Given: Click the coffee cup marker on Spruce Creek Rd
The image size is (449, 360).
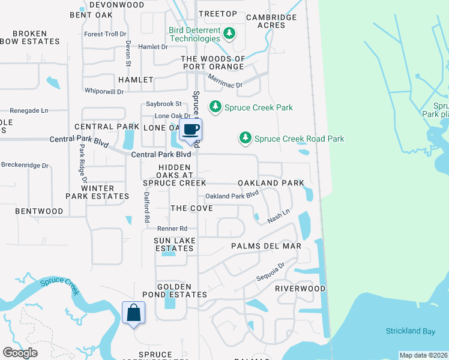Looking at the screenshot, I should coord(191,130).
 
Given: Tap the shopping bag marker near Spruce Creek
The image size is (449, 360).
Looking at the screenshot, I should coord(133,313).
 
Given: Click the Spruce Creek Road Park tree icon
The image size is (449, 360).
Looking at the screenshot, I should coord(245,138).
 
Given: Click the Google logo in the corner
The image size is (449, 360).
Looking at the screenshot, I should coord(20,353).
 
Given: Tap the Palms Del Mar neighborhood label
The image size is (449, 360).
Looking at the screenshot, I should coord(266,246).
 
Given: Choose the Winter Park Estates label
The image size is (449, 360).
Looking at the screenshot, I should coord(97,192).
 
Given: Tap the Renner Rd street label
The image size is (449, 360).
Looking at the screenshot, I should coord(172,229).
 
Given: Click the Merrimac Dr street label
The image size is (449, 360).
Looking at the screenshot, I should coord(224,81).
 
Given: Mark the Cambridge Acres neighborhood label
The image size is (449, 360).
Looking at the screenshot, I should coord(271,21).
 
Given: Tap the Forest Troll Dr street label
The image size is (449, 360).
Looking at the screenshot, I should coord(106,34).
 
